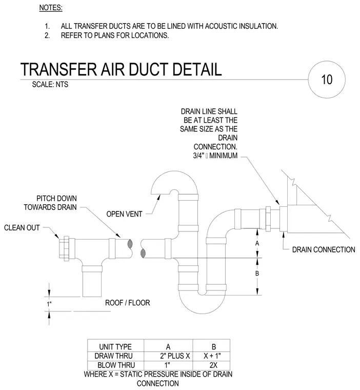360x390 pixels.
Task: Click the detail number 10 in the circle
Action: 327,80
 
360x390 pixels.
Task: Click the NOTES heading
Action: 51,8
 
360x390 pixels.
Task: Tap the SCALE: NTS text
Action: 50,84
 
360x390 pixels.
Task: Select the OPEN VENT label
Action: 124,214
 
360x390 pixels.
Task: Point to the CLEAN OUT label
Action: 22,227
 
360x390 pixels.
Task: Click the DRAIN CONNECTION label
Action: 324,249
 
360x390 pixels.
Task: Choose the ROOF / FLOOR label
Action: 128,303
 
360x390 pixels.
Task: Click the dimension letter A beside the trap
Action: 257,243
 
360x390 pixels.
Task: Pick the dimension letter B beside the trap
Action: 257,274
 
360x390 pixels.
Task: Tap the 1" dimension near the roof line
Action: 49,304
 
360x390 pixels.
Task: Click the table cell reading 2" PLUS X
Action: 175,356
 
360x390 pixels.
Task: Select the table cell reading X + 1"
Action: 212,356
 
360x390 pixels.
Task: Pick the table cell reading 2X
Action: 213,365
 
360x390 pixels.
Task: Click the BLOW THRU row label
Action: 116,365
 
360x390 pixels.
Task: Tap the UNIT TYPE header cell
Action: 115,347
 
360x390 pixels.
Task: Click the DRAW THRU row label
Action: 113,356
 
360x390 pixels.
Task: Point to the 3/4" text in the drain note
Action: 198,155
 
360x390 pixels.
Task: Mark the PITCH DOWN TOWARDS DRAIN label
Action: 50,203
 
